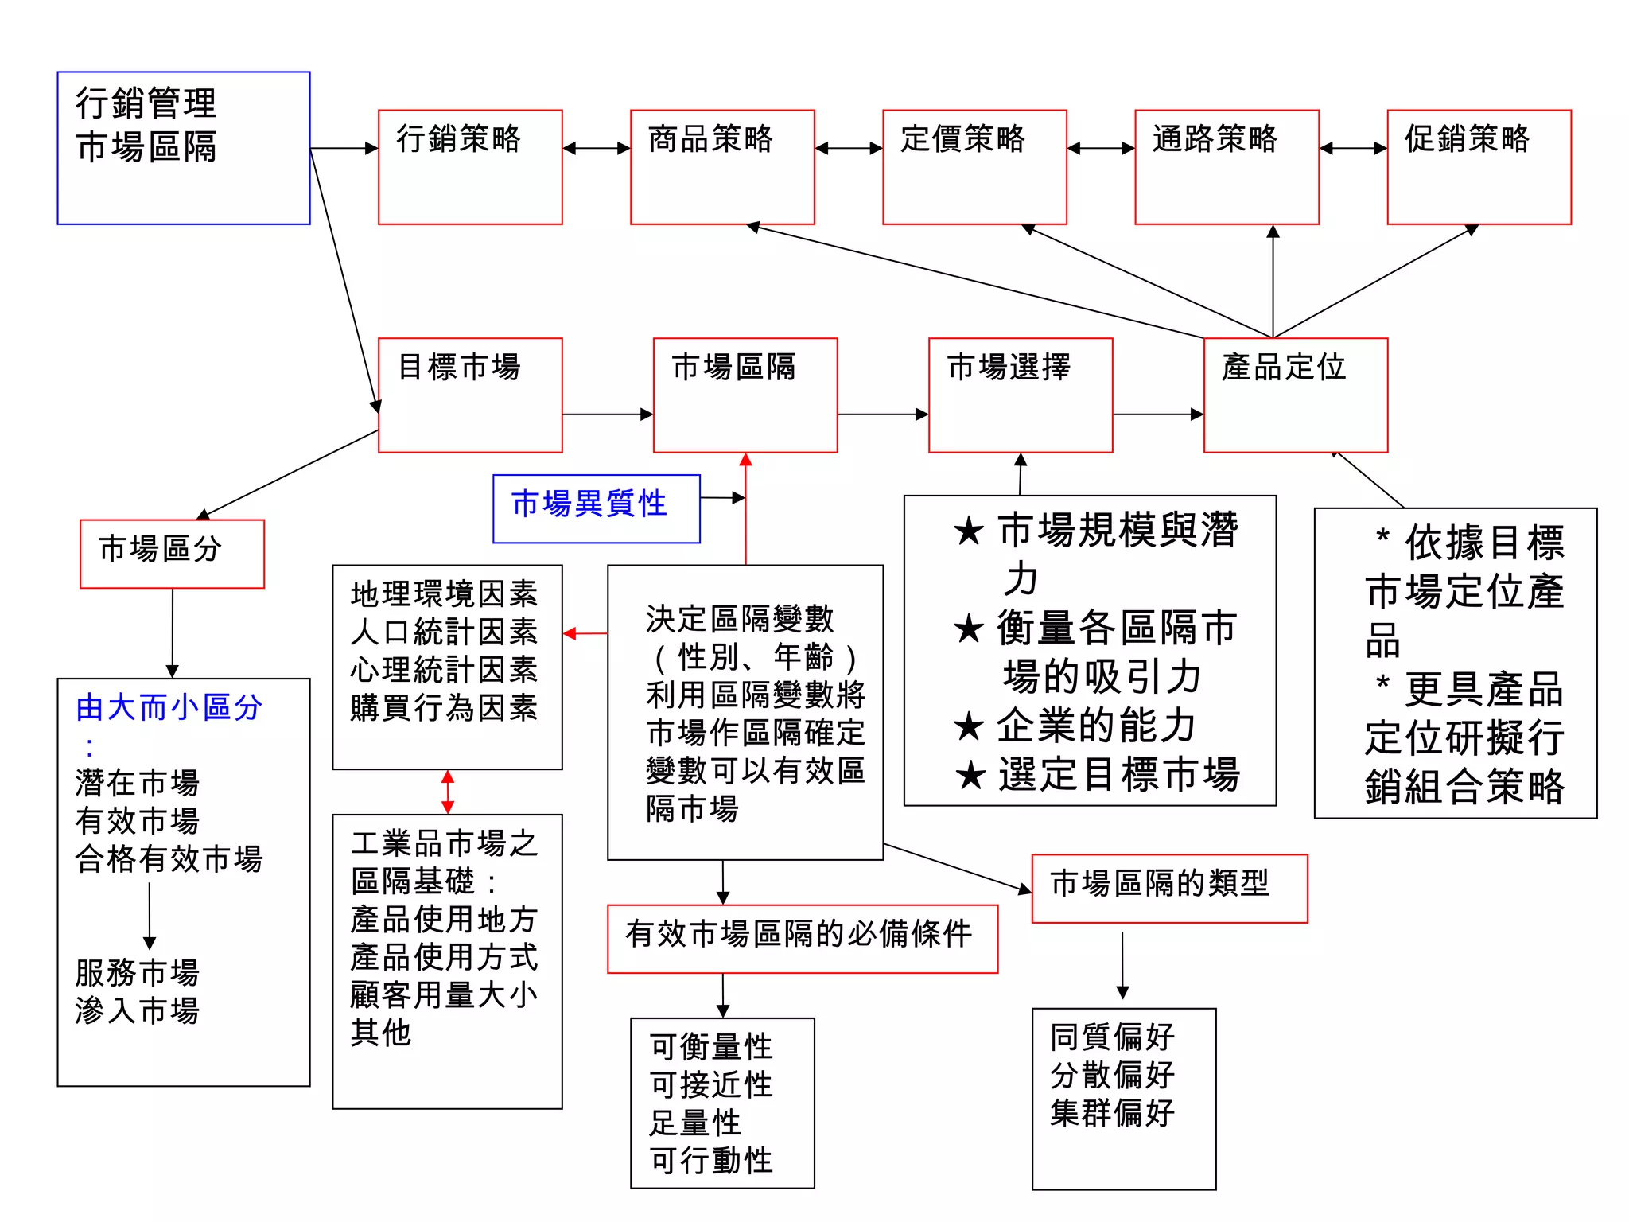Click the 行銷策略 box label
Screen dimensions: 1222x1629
click(x=458, y=138)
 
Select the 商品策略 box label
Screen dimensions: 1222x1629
click(x=710, y=138)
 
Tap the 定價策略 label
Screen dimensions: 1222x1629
click(x=962, y=138)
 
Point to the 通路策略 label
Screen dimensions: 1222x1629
click(x=1215, y=138)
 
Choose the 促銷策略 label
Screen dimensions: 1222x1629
click(x=1467, y=138)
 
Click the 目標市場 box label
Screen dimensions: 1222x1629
click(x=459, y=367)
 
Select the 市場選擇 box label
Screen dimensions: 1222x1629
click(x=1009, y=367)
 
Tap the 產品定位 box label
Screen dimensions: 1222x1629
click(x=1284, y=367)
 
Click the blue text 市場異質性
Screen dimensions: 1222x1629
click(x=589, y=504)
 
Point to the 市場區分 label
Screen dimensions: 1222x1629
click(x=160, y=549)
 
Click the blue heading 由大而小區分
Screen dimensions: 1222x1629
click(x=169, y=707)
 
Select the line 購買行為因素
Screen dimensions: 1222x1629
click(x=444, y=707)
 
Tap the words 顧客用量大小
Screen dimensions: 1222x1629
click(x=444, y=994)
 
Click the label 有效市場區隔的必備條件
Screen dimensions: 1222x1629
click(x=799, y=934)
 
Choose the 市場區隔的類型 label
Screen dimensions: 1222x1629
click(x=1160, y=883)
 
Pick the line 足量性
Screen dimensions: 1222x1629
click(x=695, y=1123)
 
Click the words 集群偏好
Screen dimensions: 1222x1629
click(x=1112, y=1112)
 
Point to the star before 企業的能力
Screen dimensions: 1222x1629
click(x=969, y=726)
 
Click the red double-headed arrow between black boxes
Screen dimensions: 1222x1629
click(x=448, y=792)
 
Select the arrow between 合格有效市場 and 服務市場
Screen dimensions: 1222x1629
click(x=150, y=915)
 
